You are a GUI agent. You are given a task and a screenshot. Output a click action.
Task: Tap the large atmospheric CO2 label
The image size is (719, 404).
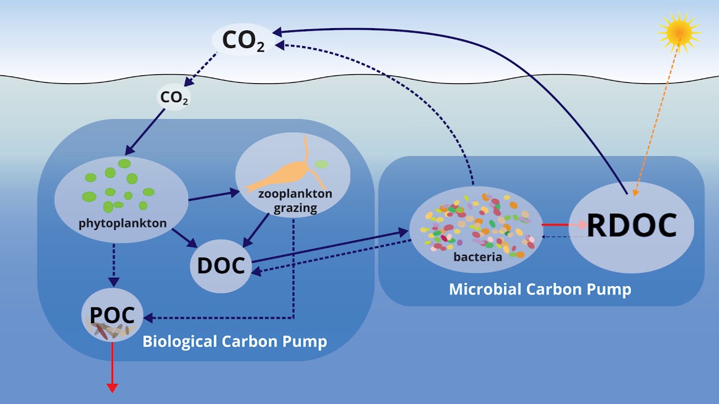click(x=243, y=40)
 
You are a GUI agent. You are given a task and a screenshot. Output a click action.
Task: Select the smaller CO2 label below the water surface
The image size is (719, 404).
click(x=174, y=98)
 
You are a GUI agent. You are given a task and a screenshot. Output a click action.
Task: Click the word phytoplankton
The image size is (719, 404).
click(x=122, y=223)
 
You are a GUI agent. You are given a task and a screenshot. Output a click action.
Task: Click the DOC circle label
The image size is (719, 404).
click(x=221, y=266)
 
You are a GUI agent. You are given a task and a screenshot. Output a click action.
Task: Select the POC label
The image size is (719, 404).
click(x=112, y=315)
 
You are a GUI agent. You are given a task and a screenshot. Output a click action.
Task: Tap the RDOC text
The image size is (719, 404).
click(x=632, y=225)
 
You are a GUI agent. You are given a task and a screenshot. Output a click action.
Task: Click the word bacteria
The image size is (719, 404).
click(x=477, y=257)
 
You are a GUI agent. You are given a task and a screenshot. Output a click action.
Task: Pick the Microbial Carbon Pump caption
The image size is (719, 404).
click(x=540, y=289)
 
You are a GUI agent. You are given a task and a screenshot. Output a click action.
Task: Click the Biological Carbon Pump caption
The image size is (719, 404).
click(x=235, y=341)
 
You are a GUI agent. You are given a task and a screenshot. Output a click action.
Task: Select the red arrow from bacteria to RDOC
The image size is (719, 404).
click(x=565, y=225)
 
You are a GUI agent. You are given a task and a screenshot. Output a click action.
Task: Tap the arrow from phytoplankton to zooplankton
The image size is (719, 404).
click(x=214, y=196)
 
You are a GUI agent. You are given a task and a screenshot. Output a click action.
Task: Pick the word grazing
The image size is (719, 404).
click(x=295, y=208)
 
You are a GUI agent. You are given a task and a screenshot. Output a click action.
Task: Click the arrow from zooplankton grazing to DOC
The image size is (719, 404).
click(x=256, y=230)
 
